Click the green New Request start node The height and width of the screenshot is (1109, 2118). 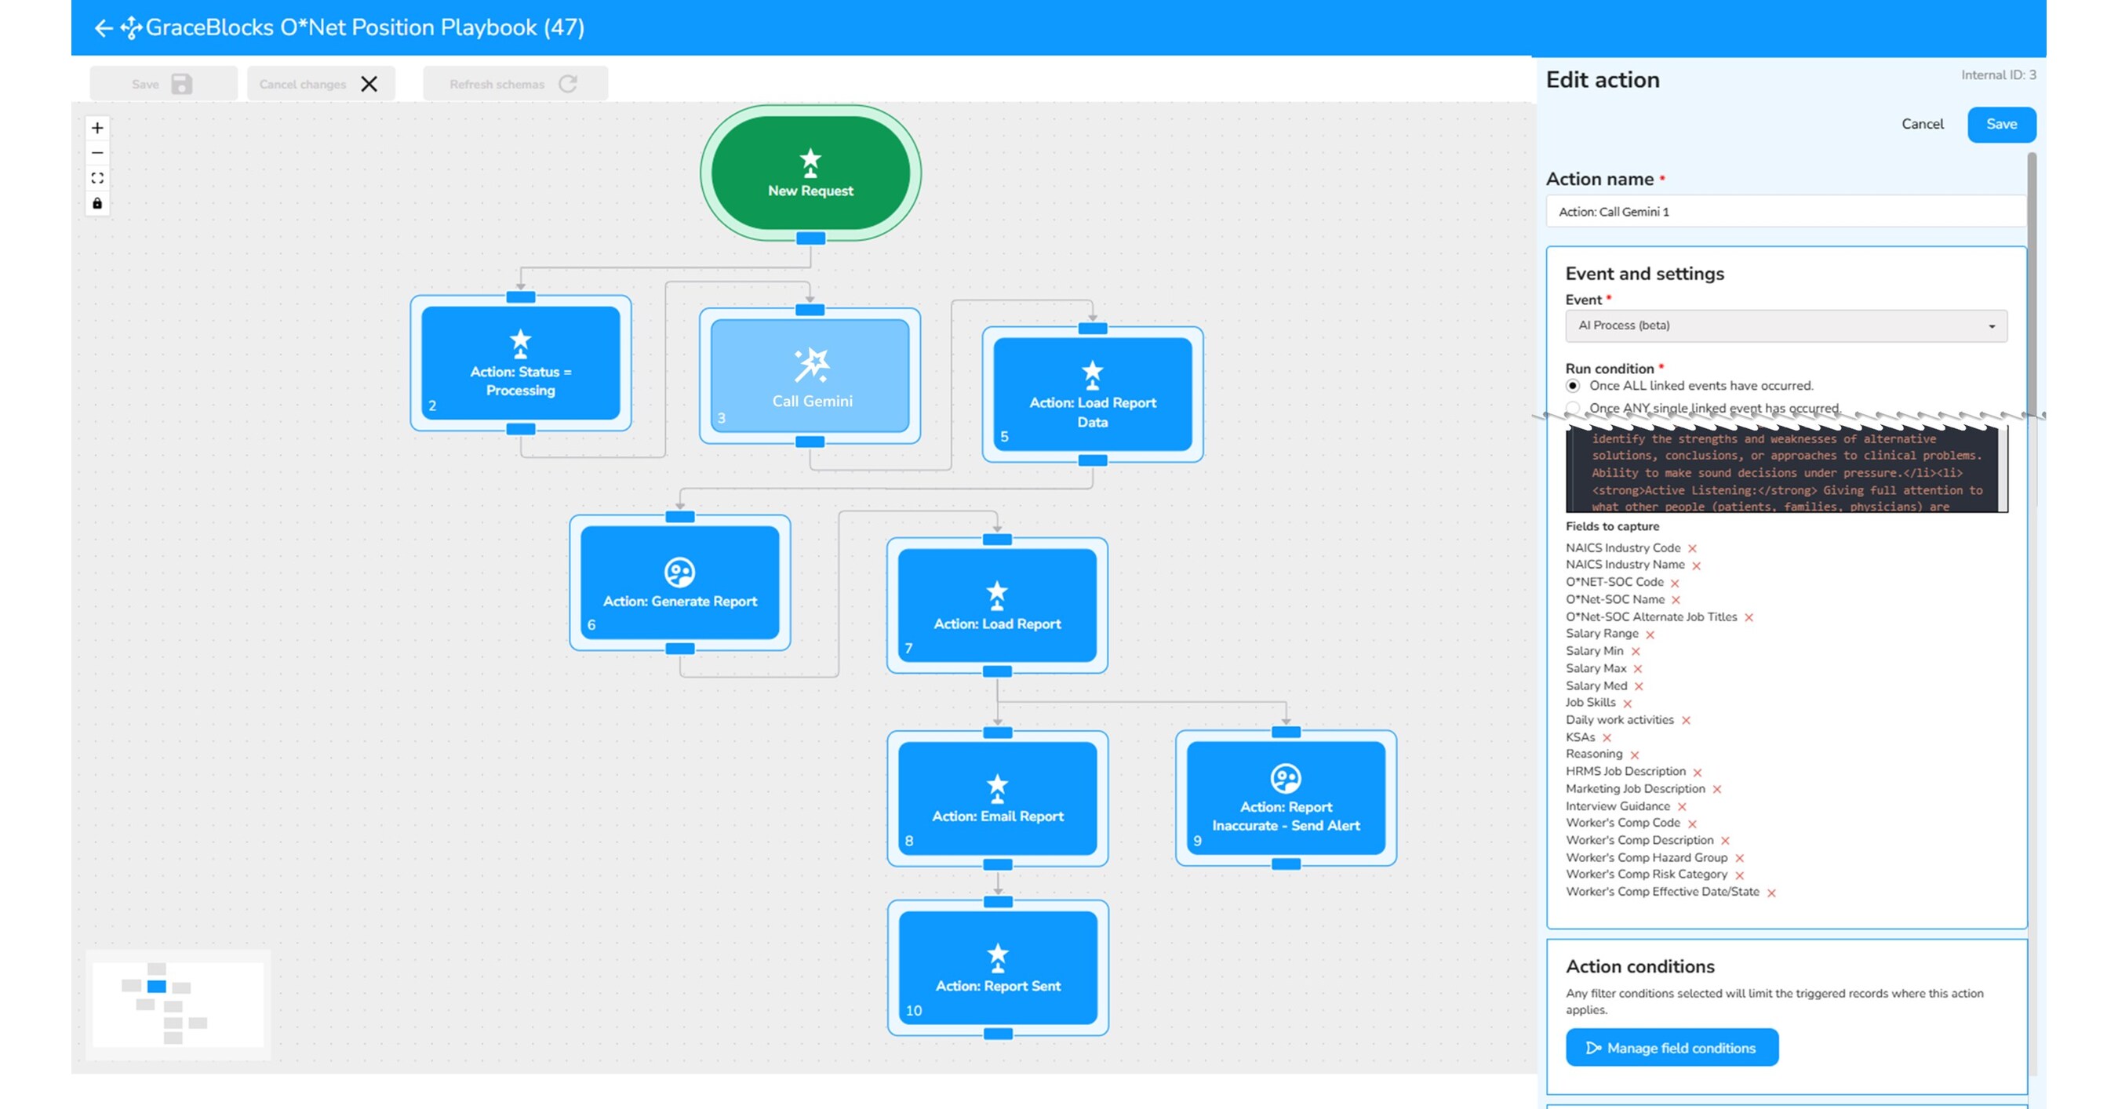[x=810, y=173]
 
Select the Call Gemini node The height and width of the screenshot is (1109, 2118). [x=810, y=376]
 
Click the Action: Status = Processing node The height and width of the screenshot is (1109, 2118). [x=520, y=363]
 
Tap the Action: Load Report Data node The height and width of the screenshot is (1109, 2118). [x=1092, y=395]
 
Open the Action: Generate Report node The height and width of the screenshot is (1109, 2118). [x=679, y=583]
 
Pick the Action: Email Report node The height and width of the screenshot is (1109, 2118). [x=996, y=798]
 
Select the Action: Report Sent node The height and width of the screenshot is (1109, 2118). [x=997, y=968]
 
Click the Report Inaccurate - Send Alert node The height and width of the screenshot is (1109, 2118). [x=1285, y=798]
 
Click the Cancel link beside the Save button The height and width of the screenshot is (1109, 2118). [x=1921, y=124]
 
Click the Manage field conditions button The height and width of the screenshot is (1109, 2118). [x=1672, y=1047]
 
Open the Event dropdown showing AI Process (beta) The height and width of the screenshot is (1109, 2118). [x=1785, y=325]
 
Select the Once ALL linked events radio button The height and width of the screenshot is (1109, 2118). [x=1573, y=386]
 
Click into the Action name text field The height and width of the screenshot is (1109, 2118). [x=1784, y=212]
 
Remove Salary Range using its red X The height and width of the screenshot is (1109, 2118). [x=1650, y=634]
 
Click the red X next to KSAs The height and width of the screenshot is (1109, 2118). [x=1607, y=738]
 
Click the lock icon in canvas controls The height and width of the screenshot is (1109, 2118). [x=97, y=203]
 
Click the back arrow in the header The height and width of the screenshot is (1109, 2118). [x=103, y=28]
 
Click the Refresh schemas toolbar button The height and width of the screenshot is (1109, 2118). [x=515, y=84]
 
